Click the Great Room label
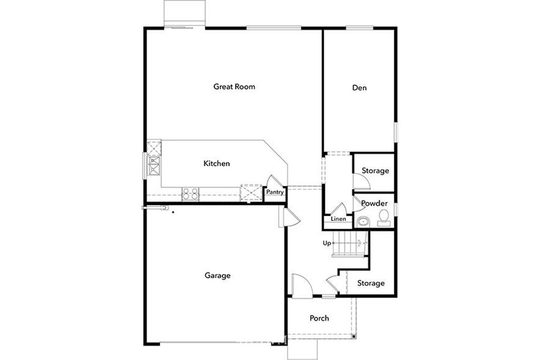tap(234, 86)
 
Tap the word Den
tap(359, 88)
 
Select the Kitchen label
tap(216, 163)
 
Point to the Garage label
tap(217, 275)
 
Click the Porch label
tap(319, 318)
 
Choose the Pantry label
tap(275, 192)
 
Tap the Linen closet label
tap(338, 219)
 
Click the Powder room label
tap(374, 203)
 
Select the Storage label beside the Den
tap(375, 171)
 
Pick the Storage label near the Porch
tap(371, 283)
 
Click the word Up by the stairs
tap(327, 244)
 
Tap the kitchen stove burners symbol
tap(190, 194)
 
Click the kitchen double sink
tap(154, 166)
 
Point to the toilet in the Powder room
tap(384, 218)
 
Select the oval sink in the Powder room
tap(363, 221)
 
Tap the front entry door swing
tap(302, 285)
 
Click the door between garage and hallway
tap(289, 218)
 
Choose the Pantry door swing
tap(275, 181)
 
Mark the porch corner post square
tap(354, 337)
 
